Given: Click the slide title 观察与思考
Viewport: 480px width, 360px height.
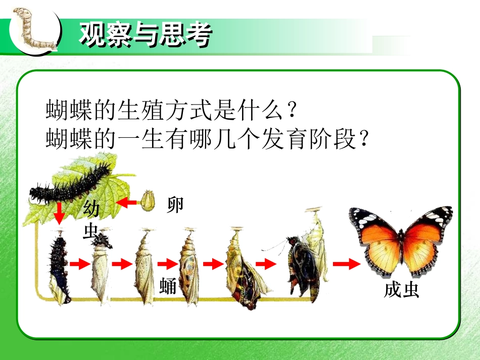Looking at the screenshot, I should coord(145,34).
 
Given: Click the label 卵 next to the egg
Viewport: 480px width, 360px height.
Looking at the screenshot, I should coord(175,205).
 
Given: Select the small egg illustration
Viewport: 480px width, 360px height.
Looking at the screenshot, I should coord(147,200).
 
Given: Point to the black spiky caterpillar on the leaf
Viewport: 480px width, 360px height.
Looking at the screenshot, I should coord(71,184).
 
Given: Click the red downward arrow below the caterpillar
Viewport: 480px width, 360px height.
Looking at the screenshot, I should coord(60,214).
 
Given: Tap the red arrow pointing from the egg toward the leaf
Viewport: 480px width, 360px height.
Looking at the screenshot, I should coord(127,202).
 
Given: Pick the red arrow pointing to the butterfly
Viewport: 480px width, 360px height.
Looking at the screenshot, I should coord(346,263).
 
